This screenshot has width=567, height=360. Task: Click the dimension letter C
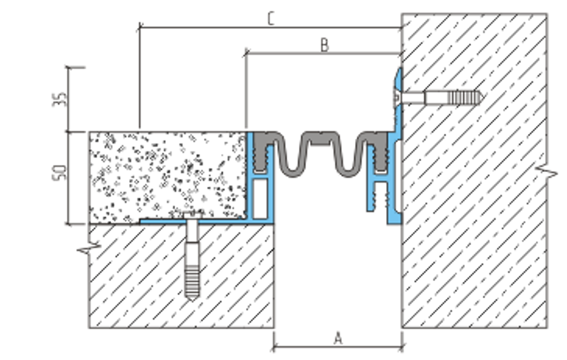point(271,19)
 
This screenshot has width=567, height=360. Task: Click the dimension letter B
point(324,45)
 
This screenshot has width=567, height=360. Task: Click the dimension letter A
point(338,338)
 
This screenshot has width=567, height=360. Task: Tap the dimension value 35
point(60,99)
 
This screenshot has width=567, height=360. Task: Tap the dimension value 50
point(60,172)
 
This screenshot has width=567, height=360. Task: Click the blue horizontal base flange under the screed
point(195,221)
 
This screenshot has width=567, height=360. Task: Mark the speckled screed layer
point(168,176)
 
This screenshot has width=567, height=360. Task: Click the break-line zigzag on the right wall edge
point(547,171)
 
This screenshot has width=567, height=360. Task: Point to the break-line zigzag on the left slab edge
point(89,248)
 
